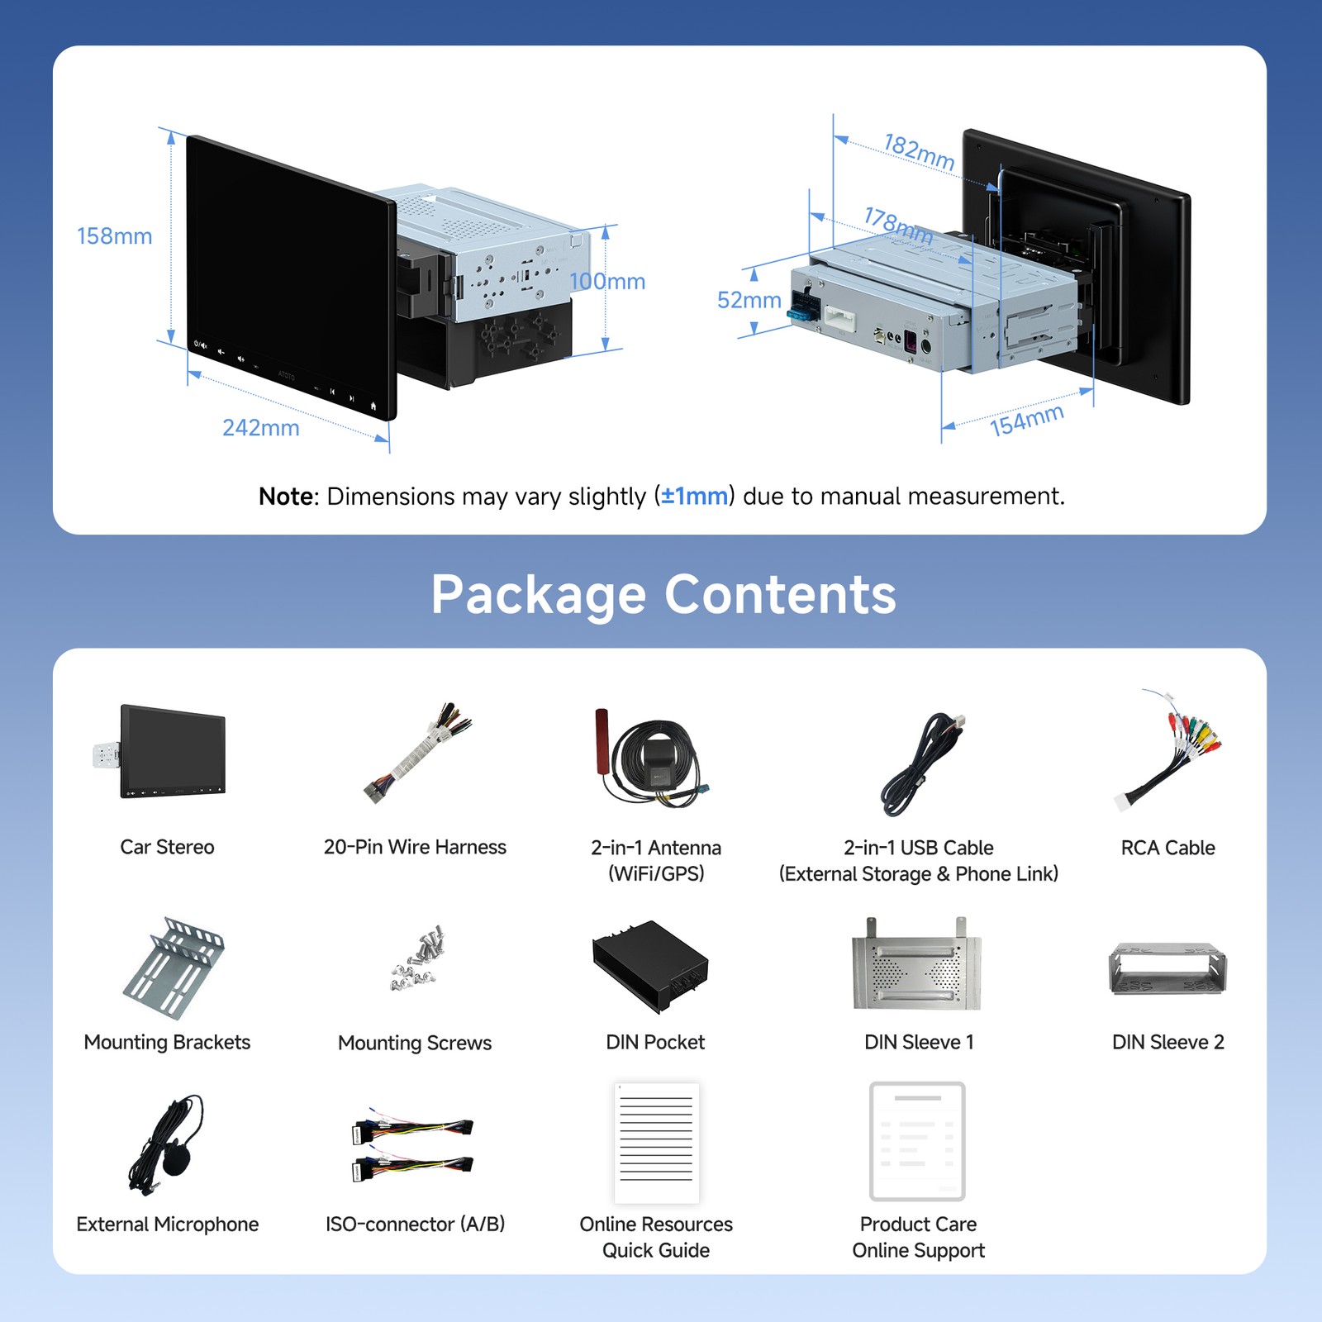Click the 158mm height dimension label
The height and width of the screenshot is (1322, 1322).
(x=115, y=236)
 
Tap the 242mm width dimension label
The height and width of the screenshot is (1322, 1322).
(x=261, y=428)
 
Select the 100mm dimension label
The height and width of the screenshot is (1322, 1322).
(x=607, y=282)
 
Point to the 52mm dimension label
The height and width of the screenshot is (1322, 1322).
(x=749, y=300)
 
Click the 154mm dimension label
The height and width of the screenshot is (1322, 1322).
(x=1027, y=421)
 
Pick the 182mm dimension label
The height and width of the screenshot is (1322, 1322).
(x=920, y=152)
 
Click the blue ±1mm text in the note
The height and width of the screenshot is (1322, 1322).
(x=695, y=496)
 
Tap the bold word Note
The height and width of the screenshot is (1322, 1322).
(x=287, y=496)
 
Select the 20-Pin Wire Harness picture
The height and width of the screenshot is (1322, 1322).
(x=417, y=752)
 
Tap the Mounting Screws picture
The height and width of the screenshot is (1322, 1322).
(x=418, y=958)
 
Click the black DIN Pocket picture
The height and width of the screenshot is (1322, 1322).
(x=650, y=967)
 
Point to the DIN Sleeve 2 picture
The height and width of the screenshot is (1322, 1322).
(x=1167, y=969)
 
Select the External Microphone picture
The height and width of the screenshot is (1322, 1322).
(x=166, y=1144)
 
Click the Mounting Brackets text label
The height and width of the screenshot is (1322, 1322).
(x=167, y=1043)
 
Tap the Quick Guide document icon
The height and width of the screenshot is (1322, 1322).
(x=657, y=1143)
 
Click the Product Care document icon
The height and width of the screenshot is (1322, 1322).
(x=917, y=1141)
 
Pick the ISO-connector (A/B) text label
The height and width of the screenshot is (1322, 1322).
(x=416, y=1225)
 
